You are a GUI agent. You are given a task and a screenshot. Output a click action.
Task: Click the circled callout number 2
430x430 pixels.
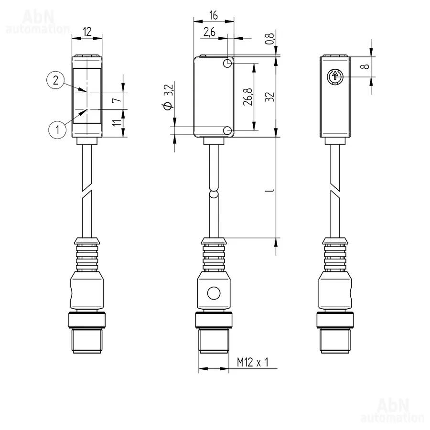(x=56, y=80)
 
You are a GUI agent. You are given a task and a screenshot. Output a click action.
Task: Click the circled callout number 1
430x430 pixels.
(x=57, y=129)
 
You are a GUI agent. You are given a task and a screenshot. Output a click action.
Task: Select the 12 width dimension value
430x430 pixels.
(x=87, y=32)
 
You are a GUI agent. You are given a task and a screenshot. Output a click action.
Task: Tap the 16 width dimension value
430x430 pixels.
(x=214, y=15)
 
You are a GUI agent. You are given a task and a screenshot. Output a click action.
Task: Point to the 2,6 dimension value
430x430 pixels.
(x=210, y=32)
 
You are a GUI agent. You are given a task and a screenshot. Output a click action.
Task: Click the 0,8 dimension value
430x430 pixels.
(x=270, y=39)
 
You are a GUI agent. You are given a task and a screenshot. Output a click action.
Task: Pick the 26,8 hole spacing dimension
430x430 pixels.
(x=248, y=97)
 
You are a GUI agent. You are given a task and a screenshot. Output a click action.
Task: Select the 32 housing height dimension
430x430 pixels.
(x=270, y=97)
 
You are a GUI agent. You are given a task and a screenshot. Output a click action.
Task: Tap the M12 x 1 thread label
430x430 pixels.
(x=253, y=362)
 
